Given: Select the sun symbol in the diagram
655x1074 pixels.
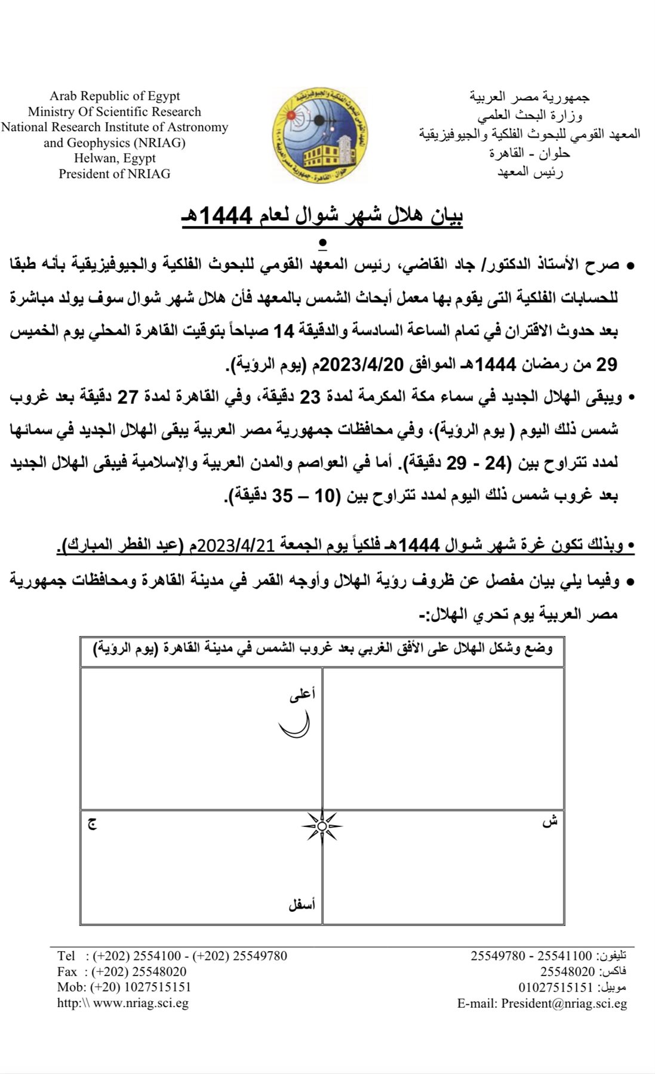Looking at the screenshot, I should (322, 826).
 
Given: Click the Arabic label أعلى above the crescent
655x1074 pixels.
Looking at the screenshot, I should (302, 694).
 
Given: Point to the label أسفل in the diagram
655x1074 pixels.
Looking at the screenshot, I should (302, 905).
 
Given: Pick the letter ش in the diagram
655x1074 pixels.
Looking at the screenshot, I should (549, 822).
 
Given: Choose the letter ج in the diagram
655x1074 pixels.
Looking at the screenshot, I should (93, 823).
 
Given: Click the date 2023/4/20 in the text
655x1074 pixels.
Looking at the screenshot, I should (356, 364).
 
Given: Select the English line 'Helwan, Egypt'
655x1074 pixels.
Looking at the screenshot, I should (115, 158).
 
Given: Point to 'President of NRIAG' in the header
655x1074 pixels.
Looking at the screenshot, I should (115, 174).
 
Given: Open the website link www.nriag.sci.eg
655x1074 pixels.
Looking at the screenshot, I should (141, 1003).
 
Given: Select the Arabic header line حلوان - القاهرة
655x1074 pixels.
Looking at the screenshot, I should (530, 153).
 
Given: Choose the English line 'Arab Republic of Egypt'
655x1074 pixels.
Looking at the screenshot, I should (115, 96).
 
